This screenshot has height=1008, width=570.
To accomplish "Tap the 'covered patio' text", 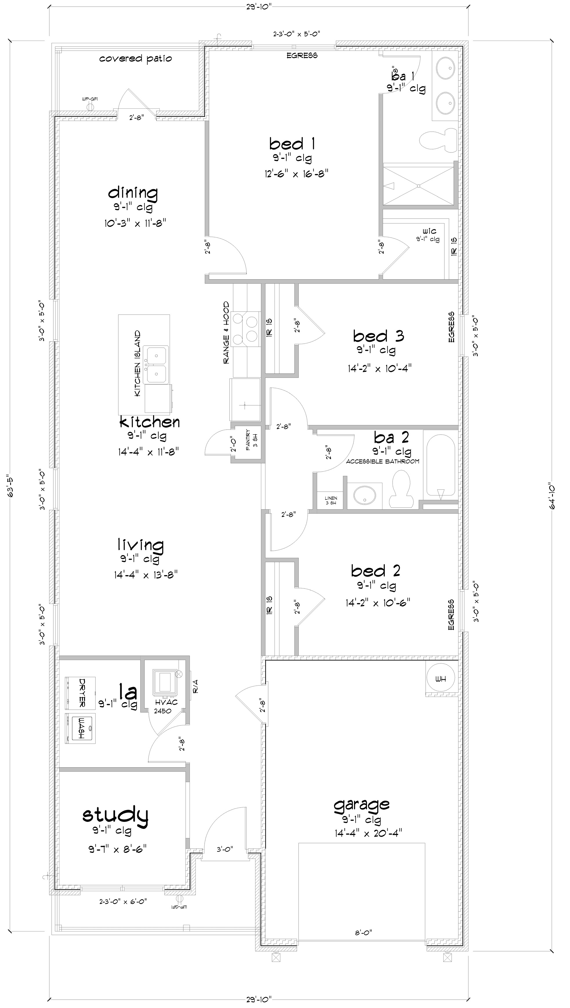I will (x=135, y=59).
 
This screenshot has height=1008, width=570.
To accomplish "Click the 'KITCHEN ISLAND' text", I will (x=137, y=364).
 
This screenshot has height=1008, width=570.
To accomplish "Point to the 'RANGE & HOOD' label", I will (x=226, y=333).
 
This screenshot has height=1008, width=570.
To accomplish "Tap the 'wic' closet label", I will (x=429, y=231).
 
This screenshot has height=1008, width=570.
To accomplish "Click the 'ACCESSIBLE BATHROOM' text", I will (x=382, y=462).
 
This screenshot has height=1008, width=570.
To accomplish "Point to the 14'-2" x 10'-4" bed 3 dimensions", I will (x=379, y=368).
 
